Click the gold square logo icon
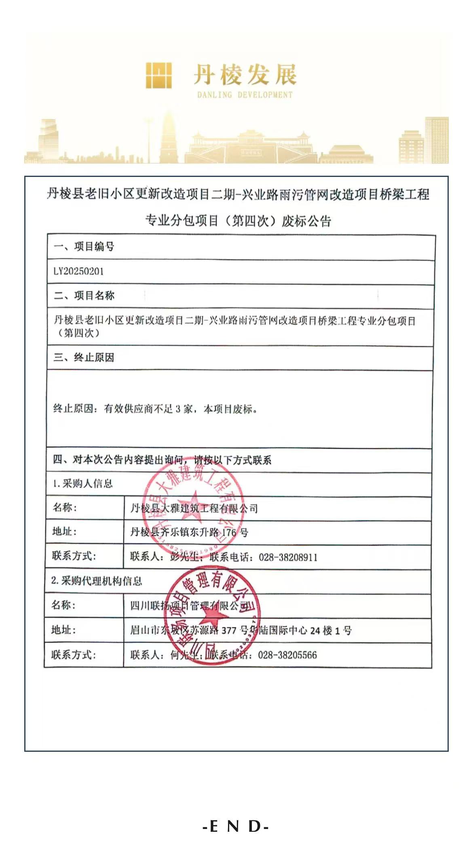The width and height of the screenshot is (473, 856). coord(158,76)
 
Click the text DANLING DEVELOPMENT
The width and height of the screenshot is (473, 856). coord(245,95)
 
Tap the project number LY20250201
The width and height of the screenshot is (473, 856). coord(79,271)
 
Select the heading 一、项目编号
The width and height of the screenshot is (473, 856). coord(84,246)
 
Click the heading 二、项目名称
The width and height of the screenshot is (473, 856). coord(84,296)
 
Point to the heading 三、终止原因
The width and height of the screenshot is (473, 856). coord(84,358)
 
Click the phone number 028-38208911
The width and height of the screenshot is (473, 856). coord(288,557)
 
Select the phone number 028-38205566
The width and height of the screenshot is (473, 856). coord(287,655)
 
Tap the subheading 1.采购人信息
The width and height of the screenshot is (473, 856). coord(83,484)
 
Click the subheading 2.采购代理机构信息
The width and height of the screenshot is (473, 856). coord(97,581)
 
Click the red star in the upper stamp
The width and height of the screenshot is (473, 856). coord(192,501)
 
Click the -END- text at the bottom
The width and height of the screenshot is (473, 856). coord(236,827)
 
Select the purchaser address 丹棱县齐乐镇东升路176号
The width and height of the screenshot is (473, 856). coord(189,532)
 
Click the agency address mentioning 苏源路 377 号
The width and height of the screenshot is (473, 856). coord(241,630)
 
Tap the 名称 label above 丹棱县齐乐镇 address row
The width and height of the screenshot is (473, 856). coord(65,507)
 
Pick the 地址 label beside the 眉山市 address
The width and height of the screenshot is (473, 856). coord(63,630)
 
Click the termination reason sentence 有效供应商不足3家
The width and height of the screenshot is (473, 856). coord(156,409)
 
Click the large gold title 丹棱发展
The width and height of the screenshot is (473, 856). coord(245,76)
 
